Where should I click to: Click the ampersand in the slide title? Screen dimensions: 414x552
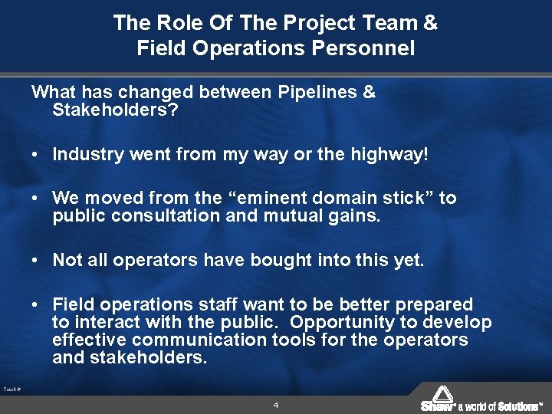429,22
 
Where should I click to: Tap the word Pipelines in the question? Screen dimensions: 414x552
311,93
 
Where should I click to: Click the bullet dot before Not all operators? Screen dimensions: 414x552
37,261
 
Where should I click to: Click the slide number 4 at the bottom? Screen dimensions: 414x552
275,404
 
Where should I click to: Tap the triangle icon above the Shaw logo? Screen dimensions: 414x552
444,393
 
